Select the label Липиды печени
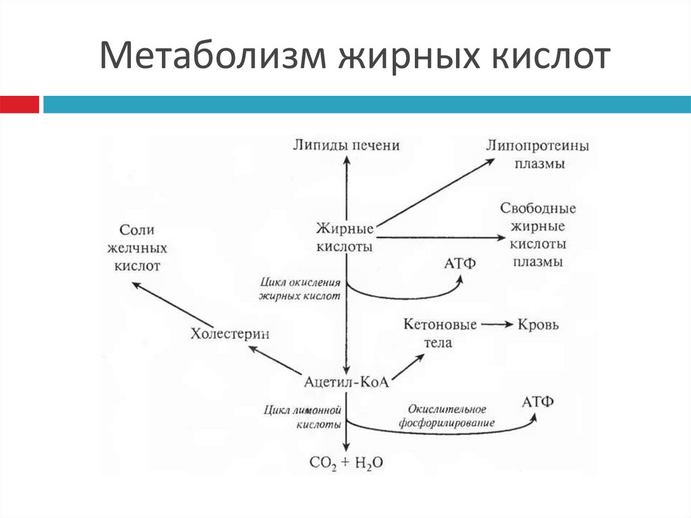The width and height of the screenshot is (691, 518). click(346, 145)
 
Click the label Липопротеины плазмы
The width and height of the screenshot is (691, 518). click(538, 154)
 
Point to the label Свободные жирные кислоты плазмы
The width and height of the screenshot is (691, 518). click(537, 234)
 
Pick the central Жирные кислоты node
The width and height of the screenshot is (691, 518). click(344, 237)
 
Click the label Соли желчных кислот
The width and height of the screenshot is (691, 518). click(138, 247)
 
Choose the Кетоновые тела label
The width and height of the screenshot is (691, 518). click(440, 333)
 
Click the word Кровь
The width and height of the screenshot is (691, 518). click(538, 325)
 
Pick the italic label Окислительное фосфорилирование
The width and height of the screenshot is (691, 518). click(447, 416)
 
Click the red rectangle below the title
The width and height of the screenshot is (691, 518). click(20, 104)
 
